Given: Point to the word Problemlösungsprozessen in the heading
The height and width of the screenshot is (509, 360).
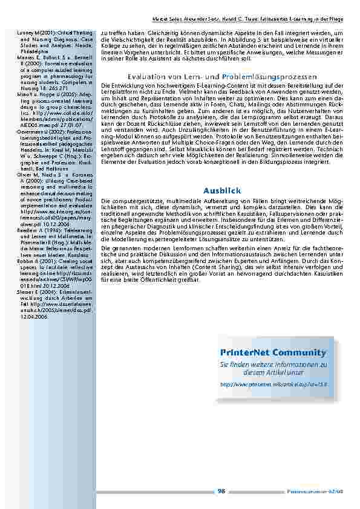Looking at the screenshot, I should (x=277, y=77).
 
